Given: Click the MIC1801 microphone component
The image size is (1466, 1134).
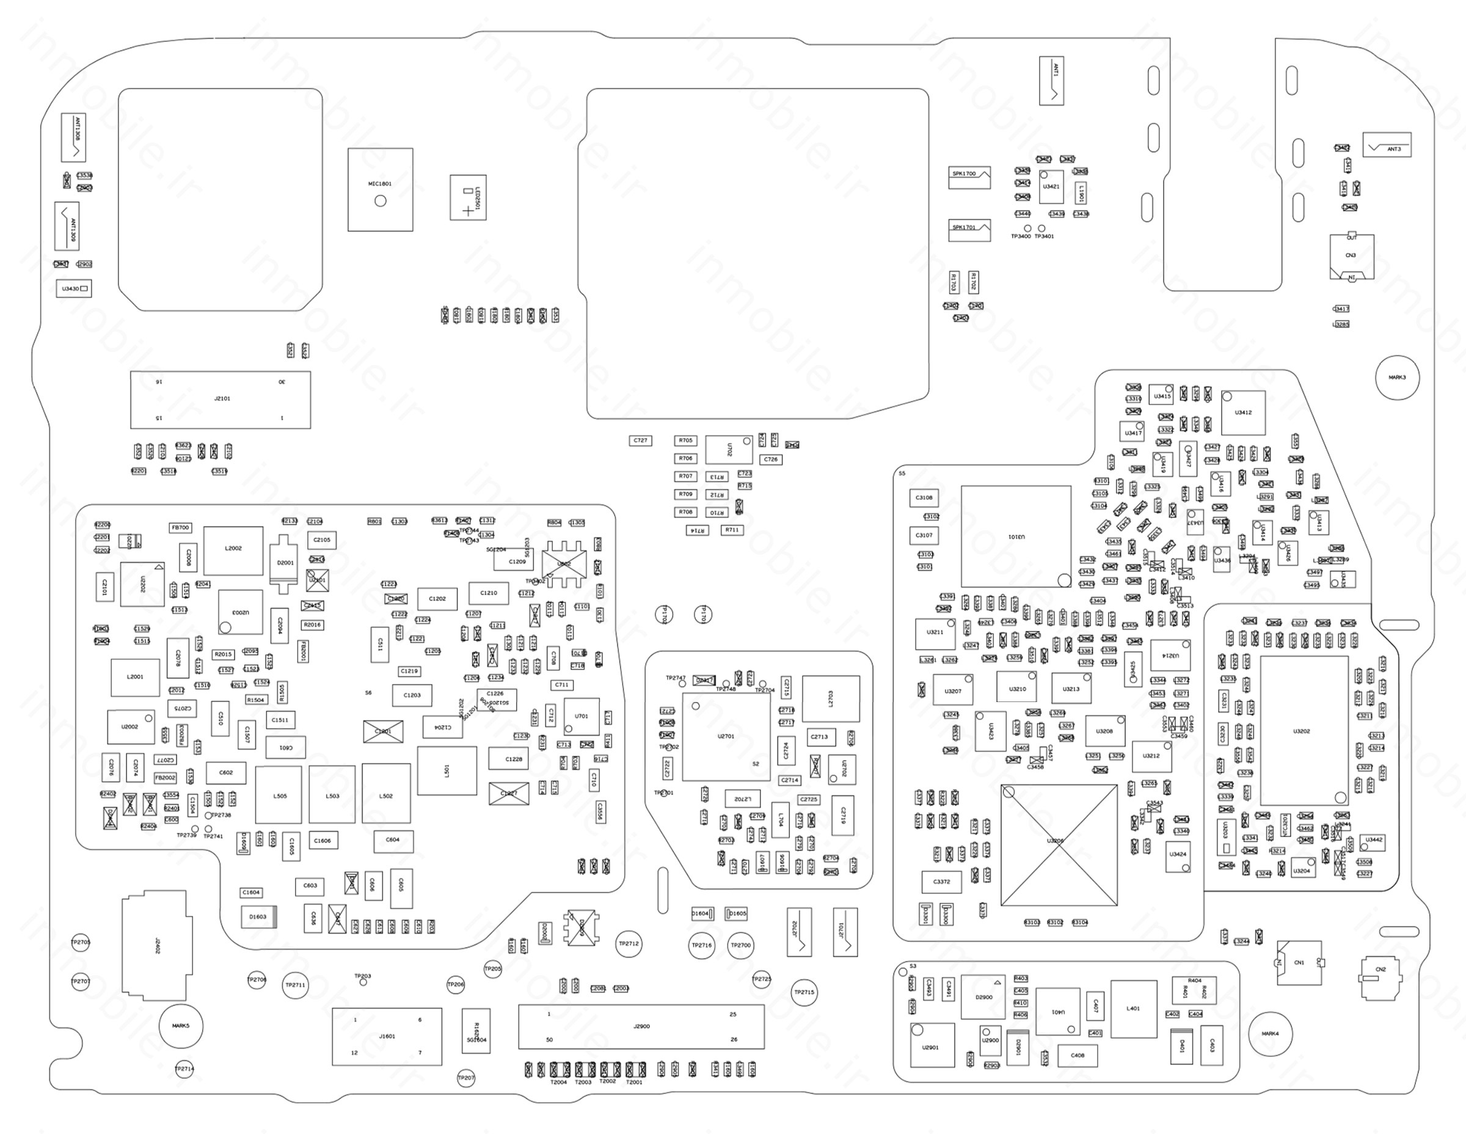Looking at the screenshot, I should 380,189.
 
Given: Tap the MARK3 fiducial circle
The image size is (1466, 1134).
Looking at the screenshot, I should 1397,378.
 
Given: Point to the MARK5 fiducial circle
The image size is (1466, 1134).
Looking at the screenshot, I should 181,1026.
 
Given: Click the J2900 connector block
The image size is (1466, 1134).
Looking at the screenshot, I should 641,1026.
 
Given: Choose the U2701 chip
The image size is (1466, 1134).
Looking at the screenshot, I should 726,736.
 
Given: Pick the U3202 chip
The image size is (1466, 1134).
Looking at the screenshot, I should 1304,731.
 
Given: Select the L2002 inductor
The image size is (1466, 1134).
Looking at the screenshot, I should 233,550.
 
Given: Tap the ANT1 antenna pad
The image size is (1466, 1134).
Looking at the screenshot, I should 1051,81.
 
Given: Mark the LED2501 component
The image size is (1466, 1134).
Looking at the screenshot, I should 468,197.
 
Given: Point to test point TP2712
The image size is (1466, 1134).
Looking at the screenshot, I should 629,943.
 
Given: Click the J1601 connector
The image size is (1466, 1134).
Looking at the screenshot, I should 387,1036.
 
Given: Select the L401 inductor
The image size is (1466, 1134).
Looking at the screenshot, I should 1134,1009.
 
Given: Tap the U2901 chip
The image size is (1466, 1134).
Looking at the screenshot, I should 932,1045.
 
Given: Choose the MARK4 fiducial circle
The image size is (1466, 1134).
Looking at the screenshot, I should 1270,1033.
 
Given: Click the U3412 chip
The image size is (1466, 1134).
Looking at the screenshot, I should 1243,413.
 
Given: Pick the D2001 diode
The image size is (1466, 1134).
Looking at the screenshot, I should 285,563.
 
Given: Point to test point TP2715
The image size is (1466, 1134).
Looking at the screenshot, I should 803,992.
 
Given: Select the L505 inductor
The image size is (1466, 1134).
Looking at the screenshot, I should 279,796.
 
